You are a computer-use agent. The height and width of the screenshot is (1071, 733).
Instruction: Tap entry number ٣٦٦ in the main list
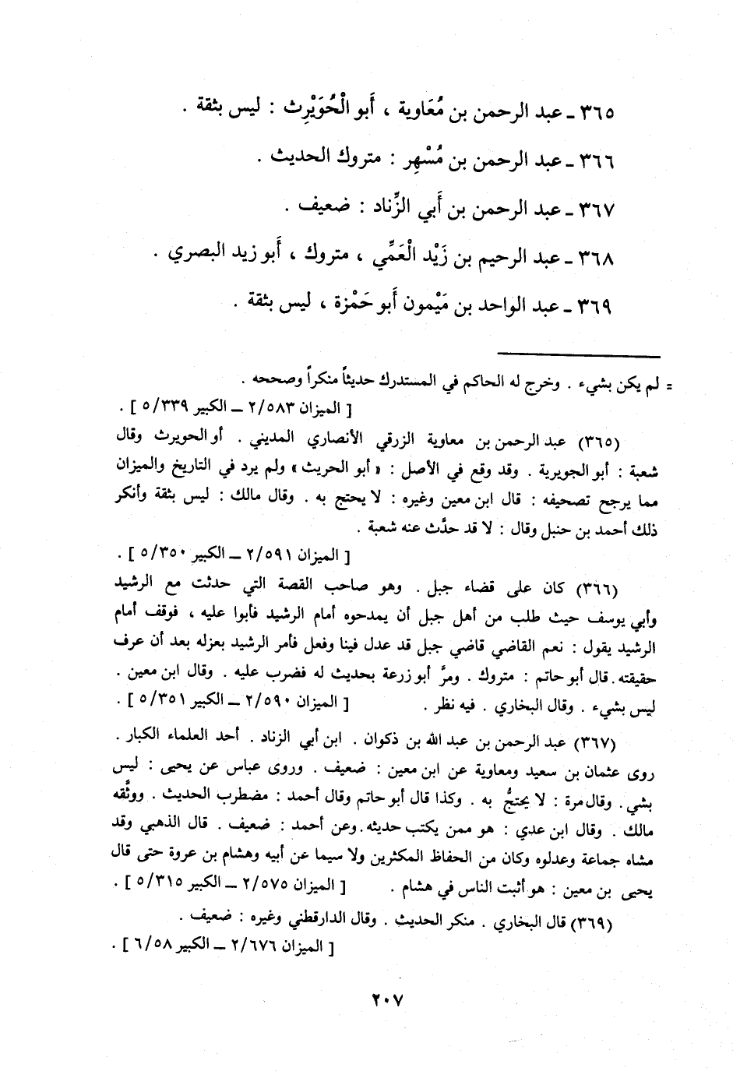coord(596,162)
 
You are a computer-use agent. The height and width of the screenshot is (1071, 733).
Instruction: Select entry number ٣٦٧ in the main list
coord(596,210)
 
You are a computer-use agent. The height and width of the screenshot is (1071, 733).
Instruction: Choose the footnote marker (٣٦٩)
coord(597,923)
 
